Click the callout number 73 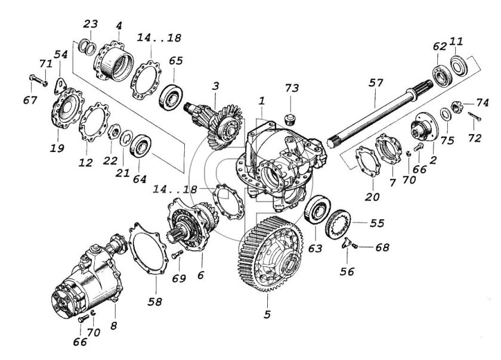pyautogui.click(x=292, y=88)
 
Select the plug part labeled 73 pyautogui.click(x=289, y=119)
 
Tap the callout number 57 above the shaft pyautogui.click(x=375, y=83)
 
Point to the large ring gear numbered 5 pyautogui.click(x=271, y=253)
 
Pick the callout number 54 pyautogui.click(x=60, y=54)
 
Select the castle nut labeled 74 pyautogui.click(x=457, y=107)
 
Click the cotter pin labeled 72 pyautogui.click(x=475, y=116)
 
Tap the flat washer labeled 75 pyautogui.click(x=446, y=114)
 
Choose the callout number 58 pyautogui.click(x=154, y=301)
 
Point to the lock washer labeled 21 pyautogui.click(x=126, y=138)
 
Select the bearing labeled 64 pyautogui.click(x=141, y=145)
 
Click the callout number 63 pyautogui.click(x=315, y=248)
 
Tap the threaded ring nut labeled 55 pyautogui.click(x=338, y=224)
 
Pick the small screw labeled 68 pyautogui.click(x=355, y=246)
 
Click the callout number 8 pyautogui.click(x=114, y=326)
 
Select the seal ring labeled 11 pyautogui.click(x=459, y=66)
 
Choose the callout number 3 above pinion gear pyautogui.click(x=216, y=86)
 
